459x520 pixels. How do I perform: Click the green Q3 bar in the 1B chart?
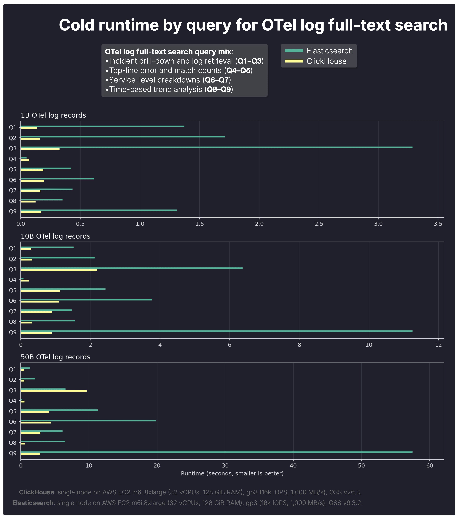[x=217, y=147]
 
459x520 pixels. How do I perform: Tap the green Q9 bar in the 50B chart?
[x=217, y=452]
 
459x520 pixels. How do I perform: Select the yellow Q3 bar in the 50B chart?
[x=53, y=391]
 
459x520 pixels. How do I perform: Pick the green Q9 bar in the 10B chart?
[x=217, y=331]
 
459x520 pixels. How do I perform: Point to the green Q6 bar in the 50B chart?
[x=88, y=421]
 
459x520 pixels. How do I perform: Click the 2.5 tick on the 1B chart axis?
[x=319, y=224]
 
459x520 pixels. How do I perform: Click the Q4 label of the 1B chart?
[x=12, y=159]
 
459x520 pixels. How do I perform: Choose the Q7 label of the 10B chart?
[x=12, y=311]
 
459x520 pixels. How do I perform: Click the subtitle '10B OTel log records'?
[x=55, y=236]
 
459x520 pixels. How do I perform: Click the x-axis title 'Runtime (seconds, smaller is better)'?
[x=232, y=473]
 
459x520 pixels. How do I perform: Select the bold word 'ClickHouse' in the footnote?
[x=36, y=492]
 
